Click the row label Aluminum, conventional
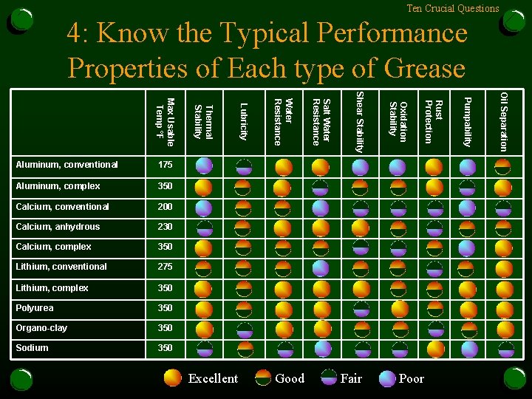[x=66, y=165]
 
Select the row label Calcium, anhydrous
[x=58, y=227]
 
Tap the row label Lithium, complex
[x=52, y=288]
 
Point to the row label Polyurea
[x=35, y=308]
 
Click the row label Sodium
[x=32, y=348]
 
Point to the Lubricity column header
[x=243, y=122]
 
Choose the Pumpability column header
[x=468, y=122]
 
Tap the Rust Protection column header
[x=434, y=121]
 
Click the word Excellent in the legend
[x=213, y=378]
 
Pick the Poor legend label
[x=412, y=378]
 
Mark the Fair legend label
[x=351, y=378]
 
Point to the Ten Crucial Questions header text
[x=453, y=8]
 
